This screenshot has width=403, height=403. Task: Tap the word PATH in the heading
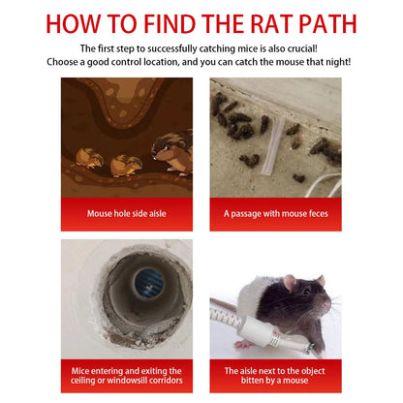[x=332, y=23]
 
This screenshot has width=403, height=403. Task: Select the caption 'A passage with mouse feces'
[x=276, y=213]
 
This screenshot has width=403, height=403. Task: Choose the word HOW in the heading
[x=78, y=23]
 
